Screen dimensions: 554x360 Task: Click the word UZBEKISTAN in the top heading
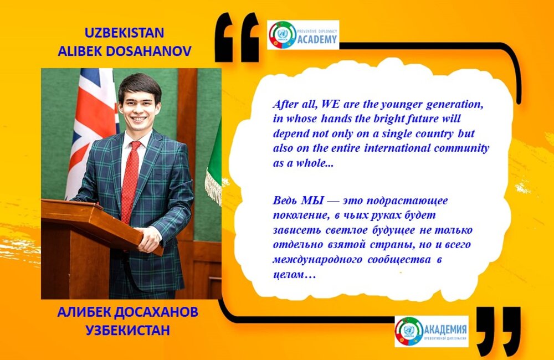pyautogui.click(x=124, y=33)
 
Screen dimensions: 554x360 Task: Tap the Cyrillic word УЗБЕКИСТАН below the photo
pyautogui.click(x=128, y=330)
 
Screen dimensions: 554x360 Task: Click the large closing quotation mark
pyautogui.click(x=498, y=330)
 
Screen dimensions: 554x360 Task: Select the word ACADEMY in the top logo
pyautogui.click(x=317, y=39)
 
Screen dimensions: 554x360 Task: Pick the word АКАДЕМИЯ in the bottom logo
pyautogui.click(x=445, y=330)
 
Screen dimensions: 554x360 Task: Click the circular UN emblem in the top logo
pyautogui.click(x=283, y=35)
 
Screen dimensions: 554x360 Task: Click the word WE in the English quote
pyautogui.click(x=329, y=105)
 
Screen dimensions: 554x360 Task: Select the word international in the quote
pyautogui.click(x=397, y=148)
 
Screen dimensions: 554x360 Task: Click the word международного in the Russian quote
pyautogui.click(x=317, y=260)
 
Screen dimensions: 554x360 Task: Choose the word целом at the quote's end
pyautogui.click(x=288, y=275)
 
